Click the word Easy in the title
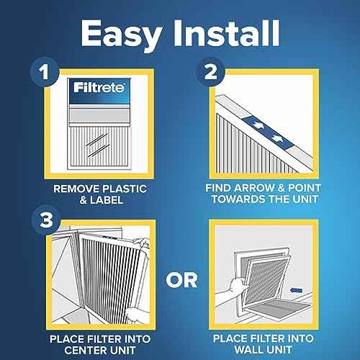119,32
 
